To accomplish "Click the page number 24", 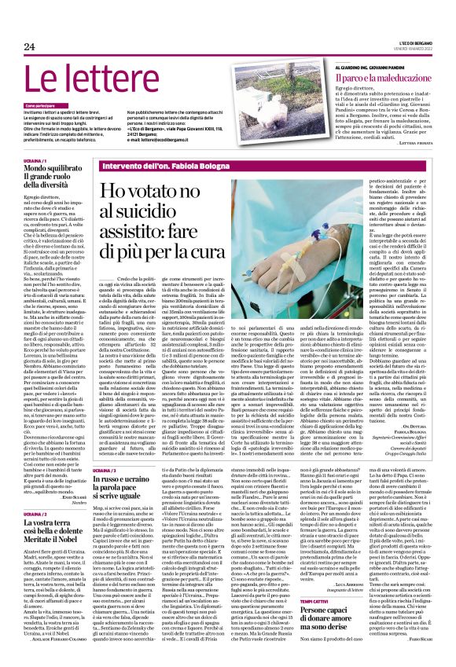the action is pyautogui.click(x=30, y=47).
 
